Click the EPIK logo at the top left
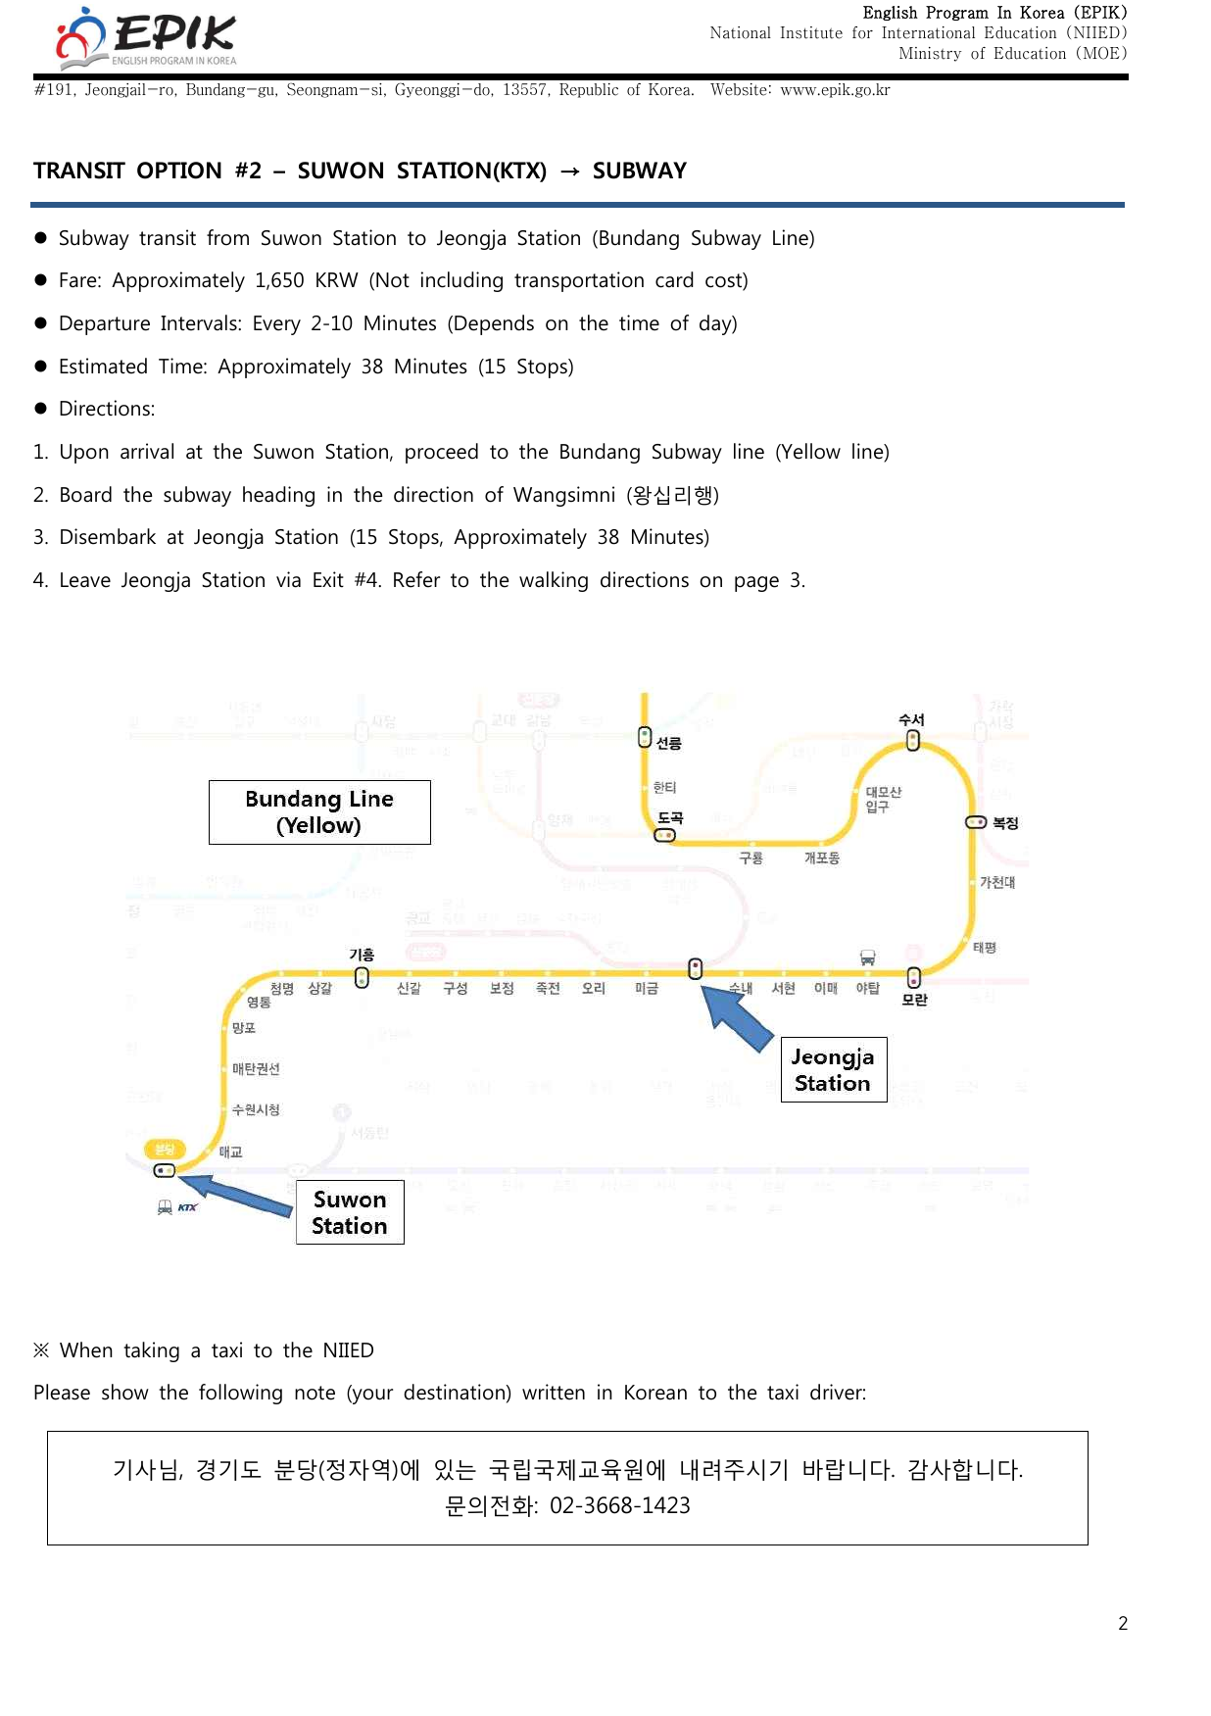pos(147,37)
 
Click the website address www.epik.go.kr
pos(835,90)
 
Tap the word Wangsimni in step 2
pos(564,495)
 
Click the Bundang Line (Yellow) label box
pos(319,812)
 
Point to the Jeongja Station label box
pos(833,1069)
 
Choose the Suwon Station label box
pos(350,1212)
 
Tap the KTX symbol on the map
pos(186,1207)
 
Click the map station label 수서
pos(911,719)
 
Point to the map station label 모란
pos(914,1000)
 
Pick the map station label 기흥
pos(362,955)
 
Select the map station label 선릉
pos(669,743)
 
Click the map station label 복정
pos(1005,823)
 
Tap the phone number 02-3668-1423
pos(619,1505)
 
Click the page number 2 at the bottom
pos(1123,1624)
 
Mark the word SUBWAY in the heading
pos(639,171)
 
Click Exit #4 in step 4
pos(346,580)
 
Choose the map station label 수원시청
pos(256,1109)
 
